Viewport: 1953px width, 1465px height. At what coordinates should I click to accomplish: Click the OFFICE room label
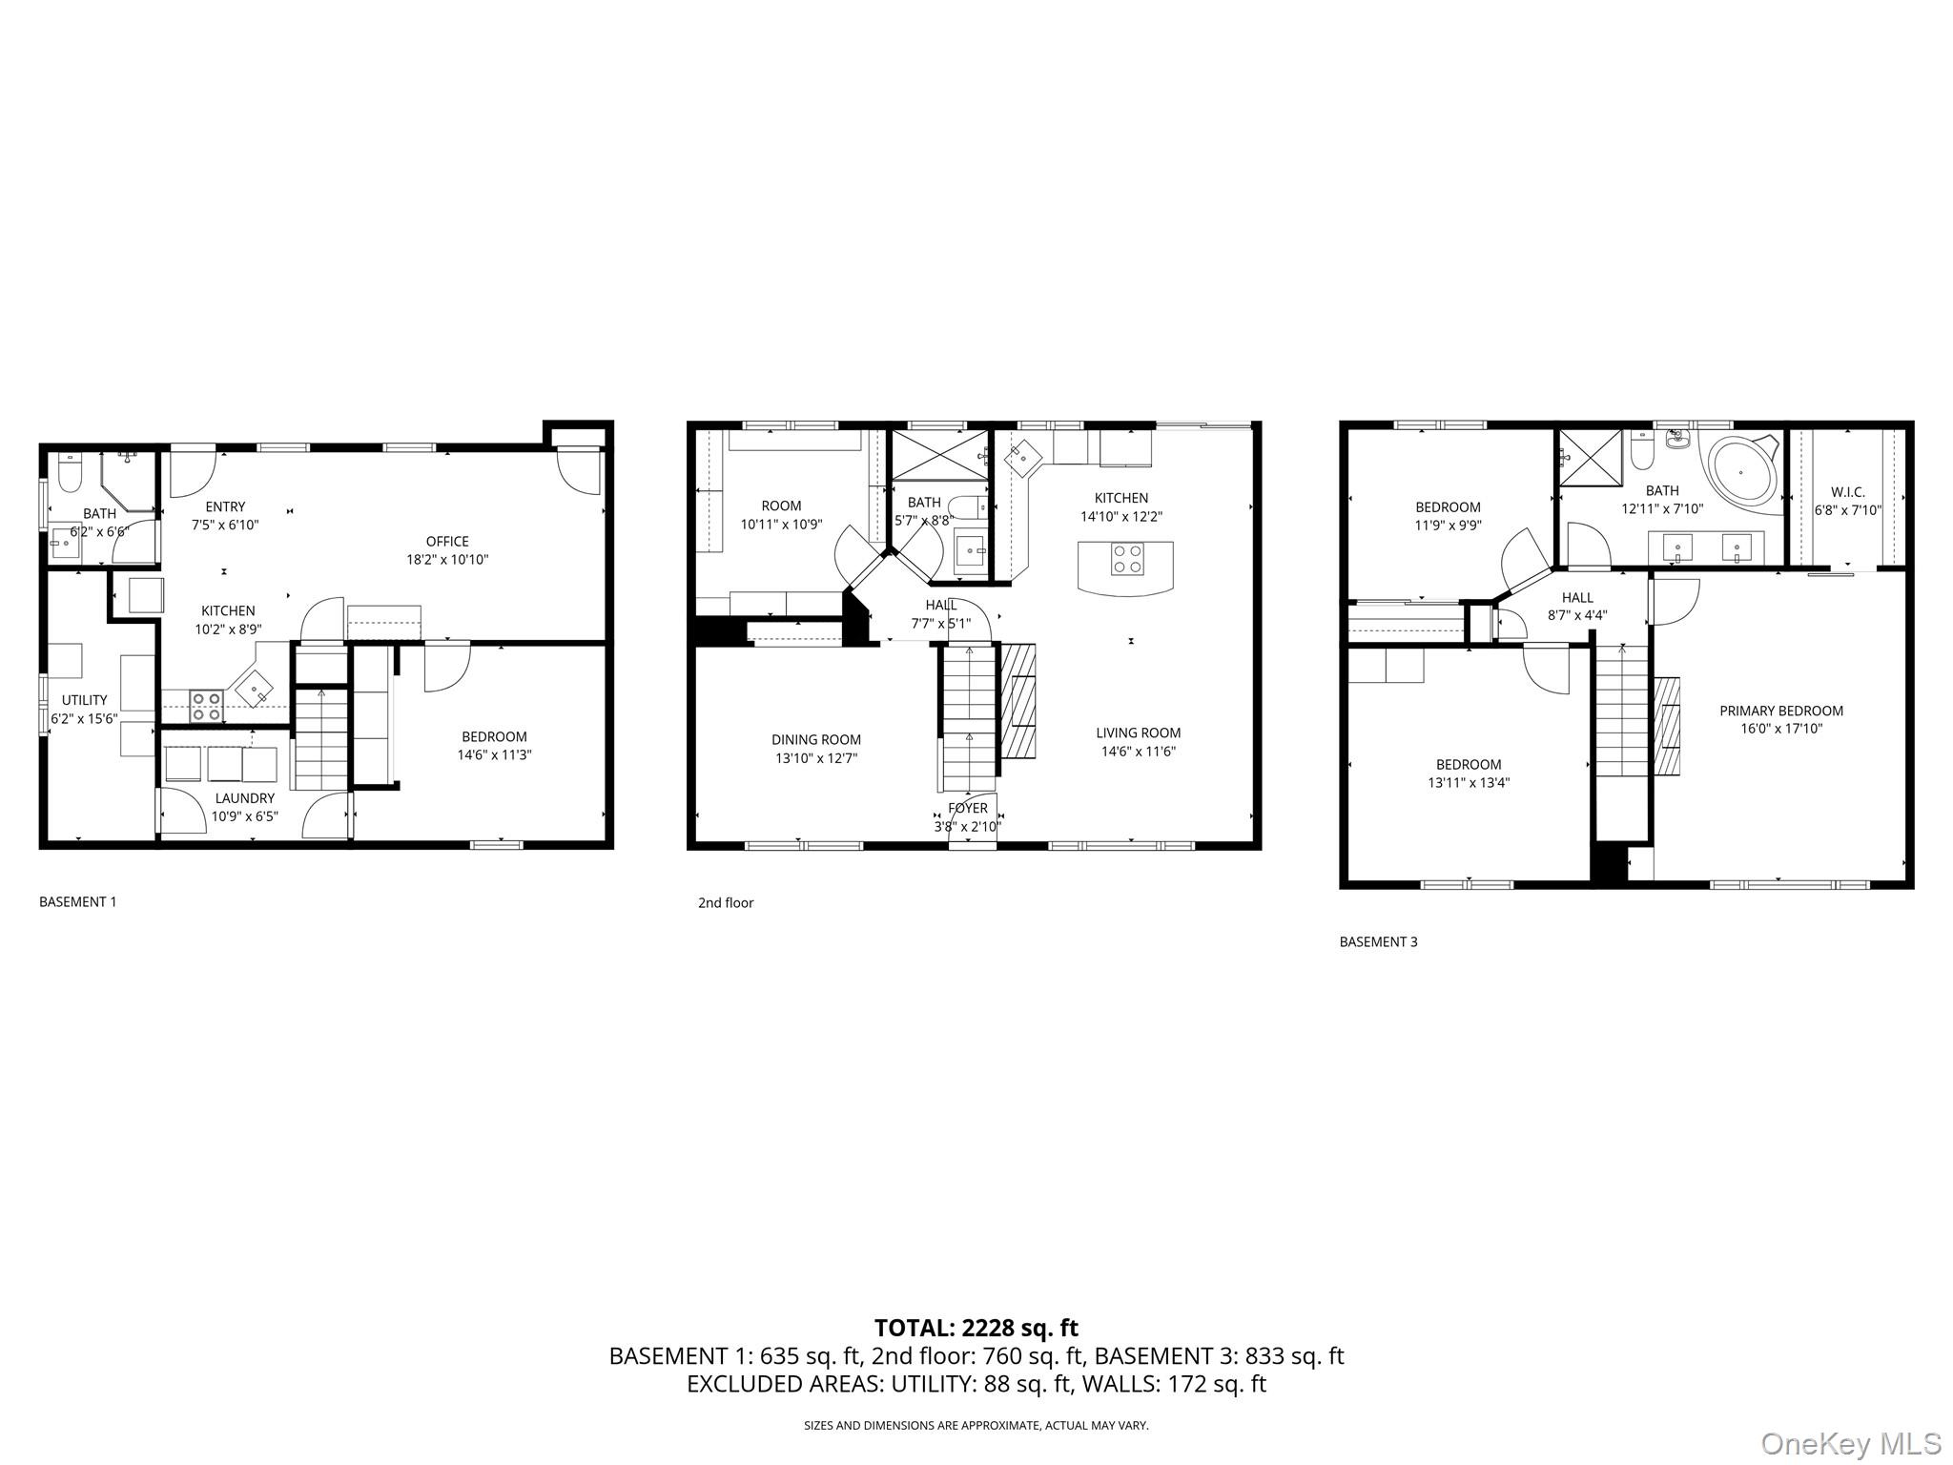[x=447, y=542]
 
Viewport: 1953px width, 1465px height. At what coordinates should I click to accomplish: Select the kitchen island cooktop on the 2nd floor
[x=1126, y=558]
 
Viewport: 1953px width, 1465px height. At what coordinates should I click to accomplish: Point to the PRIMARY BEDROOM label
[x=1780, y=711]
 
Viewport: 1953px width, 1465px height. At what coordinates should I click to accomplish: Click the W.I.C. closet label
[x=1847, y=492]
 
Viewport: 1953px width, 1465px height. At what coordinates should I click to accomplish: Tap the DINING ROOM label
[x=816, y=739]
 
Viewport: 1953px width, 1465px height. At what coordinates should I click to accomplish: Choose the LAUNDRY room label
[x=244, y=798]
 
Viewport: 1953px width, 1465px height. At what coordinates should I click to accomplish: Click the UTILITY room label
[x=84, y=700]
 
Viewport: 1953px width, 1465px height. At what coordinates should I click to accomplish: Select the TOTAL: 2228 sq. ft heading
[x=976, y=1328]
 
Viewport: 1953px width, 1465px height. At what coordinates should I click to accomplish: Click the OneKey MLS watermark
[x=1851, y=1443]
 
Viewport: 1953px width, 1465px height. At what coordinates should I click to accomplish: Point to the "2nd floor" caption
[x=726, y=902]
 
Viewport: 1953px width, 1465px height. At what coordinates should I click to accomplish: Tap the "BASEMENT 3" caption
[x=1378, y=941]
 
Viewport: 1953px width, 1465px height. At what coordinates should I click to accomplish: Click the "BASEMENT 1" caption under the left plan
[x=77, y=901]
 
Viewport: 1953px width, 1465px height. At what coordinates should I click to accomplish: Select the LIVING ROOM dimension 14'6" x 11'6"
[x=1138, y=751]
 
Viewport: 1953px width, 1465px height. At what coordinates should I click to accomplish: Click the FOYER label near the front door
[x=968, y=809]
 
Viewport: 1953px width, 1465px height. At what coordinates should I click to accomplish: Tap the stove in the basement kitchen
[x=207, y=706]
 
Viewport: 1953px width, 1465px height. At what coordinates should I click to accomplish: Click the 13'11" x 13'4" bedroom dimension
[x=1469, y=783]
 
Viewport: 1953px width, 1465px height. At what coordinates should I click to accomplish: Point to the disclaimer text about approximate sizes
[x=976, y=1426]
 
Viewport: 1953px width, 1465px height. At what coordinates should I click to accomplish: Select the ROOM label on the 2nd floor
[x=781, y=506]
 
